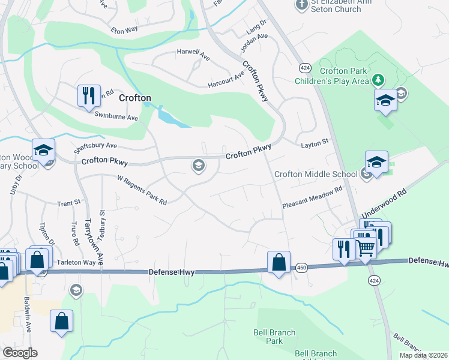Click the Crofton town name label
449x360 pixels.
click(134, 97)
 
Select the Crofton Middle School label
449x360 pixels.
click(316, 175)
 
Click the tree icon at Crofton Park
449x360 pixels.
click(378, 79)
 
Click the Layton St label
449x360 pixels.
click(315, 142)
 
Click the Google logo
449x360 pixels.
click(20, 352)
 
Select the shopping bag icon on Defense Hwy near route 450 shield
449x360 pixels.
click(279, 262)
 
